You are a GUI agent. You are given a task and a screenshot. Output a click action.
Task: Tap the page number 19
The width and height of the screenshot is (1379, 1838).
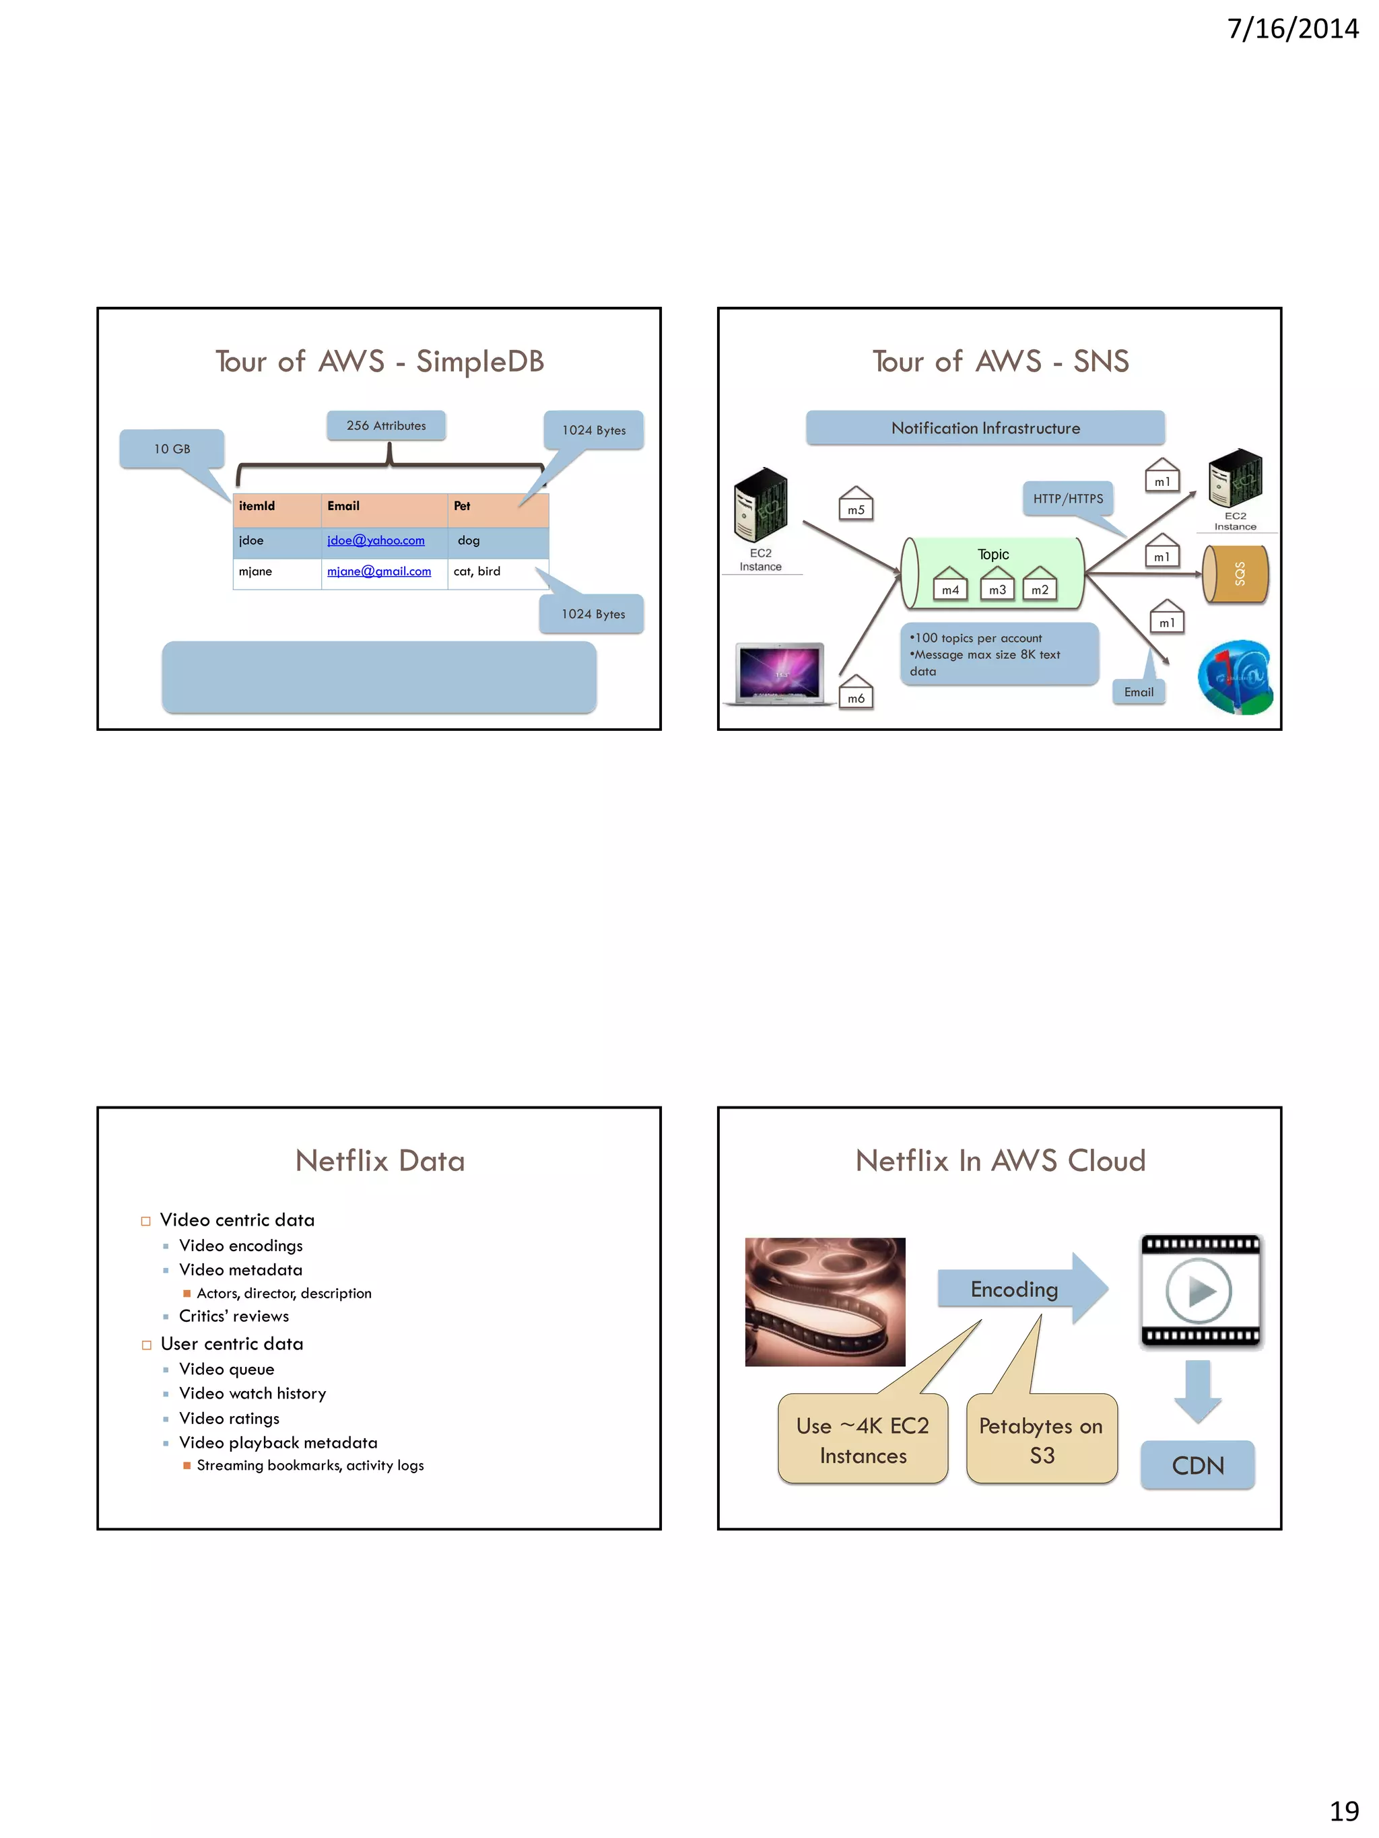(1343, 1810)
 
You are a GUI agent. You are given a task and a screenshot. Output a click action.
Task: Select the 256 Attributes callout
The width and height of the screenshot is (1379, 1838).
(386, 425)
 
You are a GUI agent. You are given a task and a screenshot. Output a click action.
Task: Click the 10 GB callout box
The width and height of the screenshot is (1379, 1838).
(172, 449)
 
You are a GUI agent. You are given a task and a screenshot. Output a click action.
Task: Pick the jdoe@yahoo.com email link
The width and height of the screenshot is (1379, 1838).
(376, 540)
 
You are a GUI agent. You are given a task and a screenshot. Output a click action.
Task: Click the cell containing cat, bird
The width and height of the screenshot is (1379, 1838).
(477, 571)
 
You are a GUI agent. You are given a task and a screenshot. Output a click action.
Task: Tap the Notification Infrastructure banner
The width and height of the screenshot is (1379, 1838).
(985, 428)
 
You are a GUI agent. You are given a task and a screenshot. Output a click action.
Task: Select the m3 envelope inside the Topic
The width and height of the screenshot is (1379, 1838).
(997, 585)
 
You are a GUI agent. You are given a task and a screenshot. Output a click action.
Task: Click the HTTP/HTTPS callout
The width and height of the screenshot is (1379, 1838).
(1067, 499)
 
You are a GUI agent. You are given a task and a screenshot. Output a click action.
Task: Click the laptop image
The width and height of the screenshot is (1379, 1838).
(780, 673)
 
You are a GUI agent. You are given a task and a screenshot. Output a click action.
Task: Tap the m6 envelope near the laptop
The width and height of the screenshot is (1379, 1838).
(855, 694)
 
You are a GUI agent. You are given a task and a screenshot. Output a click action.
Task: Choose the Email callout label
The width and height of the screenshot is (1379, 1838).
(1138, 692)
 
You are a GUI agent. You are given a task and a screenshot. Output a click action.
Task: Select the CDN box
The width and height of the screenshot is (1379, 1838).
(1197, 1465)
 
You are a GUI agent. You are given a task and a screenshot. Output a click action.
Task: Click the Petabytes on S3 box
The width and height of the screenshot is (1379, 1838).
(1041, 1440)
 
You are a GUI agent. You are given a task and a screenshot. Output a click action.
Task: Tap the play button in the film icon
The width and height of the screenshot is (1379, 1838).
(1198, 1290)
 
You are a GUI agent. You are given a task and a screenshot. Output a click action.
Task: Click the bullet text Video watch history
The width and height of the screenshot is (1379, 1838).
(252, 1393)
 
